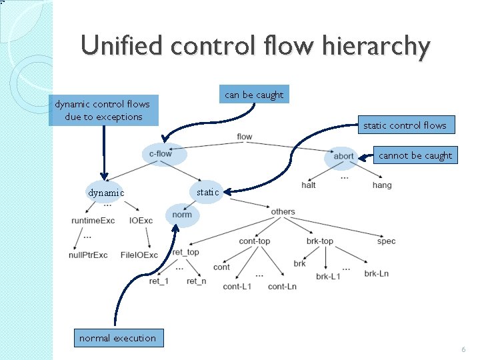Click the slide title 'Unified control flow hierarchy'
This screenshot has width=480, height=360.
(x=255, y=46)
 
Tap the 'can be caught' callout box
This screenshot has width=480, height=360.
(x=254, y=95)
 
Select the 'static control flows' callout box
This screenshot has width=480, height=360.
(x=405, y=125)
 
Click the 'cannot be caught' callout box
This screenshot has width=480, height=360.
(x=415, y=155)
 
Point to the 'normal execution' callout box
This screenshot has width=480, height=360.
(x=117, y=338)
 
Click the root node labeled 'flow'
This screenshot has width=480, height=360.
(x=245, y=137)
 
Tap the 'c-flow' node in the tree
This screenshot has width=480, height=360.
(x=161, y=154)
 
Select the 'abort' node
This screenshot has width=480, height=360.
(x=343, y=157)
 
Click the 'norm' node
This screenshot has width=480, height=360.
(x=181, y=215)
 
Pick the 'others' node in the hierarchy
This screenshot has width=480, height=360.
(x=283, y=212)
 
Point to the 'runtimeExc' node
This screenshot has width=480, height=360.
(x=93, y=221)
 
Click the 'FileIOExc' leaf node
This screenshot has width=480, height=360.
(x=140, y=255)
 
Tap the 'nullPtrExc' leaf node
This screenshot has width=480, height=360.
(x=88, y=255)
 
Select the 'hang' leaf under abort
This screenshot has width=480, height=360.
(x=382, y=185)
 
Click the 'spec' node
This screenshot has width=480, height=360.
(x=386, y=241)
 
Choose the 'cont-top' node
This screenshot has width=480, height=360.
(x=255, y=241)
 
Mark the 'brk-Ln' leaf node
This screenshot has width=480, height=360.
(x=377, y=273)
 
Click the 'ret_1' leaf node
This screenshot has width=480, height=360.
(x=159, y=281)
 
